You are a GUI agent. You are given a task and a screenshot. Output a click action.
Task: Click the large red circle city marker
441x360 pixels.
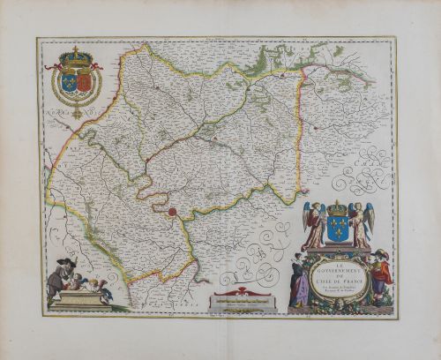(175, 212)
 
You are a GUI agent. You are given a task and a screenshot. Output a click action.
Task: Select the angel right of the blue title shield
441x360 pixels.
(362, 224)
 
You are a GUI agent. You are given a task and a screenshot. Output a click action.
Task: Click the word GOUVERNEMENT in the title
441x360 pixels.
(336, 266)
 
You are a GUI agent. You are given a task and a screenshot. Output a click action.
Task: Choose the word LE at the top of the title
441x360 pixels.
(336, 259)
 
